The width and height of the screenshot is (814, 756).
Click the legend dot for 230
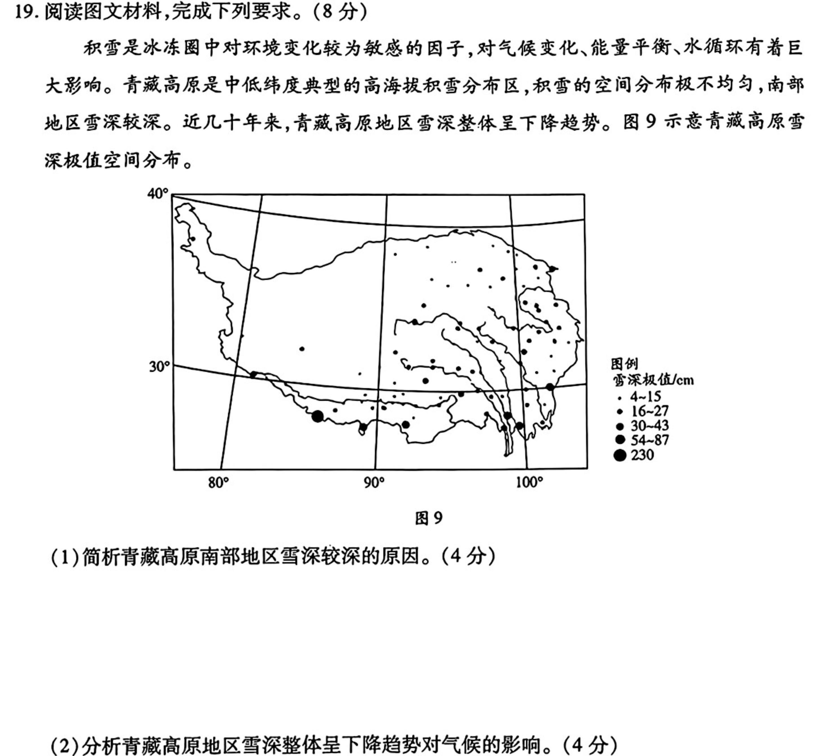pyautogui.click(x=620, y=455)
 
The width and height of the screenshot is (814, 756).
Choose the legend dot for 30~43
pyautogui.click(x=620, y=426)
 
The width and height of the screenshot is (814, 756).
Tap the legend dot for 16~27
pyautogui.click(x=620, y=411)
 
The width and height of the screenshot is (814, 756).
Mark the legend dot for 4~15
pyautogui.click(x=620, y=397)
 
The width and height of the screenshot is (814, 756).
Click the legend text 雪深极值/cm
pyautogui.click(x=653, y=380)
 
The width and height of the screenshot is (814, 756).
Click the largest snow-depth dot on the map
pyautogui.click(x=317, y=417)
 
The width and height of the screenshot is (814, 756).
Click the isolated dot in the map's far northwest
pyautogui.click(x=193, y=239)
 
